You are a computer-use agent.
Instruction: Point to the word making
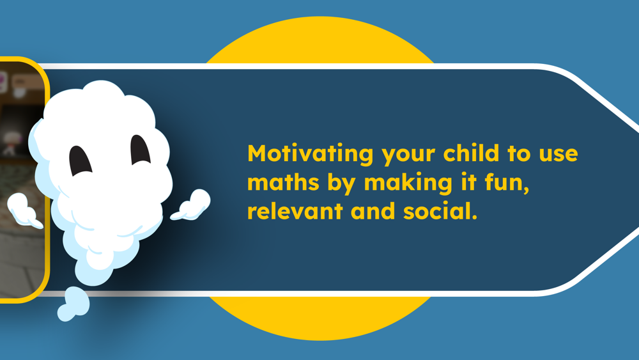coord(408,183)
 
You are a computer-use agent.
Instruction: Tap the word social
coord(440,211)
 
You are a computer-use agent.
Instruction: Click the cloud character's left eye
coord(80,160)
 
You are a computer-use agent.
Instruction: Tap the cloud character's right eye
coord(140,150)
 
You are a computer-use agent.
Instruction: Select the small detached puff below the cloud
coord(73,304)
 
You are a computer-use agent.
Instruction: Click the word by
coord(339,183)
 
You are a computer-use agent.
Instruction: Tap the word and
coord(373,211)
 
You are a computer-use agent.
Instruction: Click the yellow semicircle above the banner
coord(320,40)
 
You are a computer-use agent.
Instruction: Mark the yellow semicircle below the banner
coord(320,318)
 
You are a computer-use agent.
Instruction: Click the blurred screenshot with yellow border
coord(21,180)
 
